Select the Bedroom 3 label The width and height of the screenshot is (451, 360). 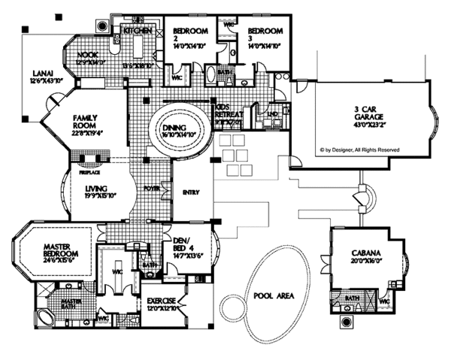pos(265,32)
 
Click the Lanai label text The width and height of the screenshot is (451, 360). pos(41,74)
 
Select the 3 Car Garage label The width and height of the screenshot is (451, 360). pos(373,113)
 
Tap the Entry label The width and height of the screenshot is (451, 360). pos(192,192)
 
